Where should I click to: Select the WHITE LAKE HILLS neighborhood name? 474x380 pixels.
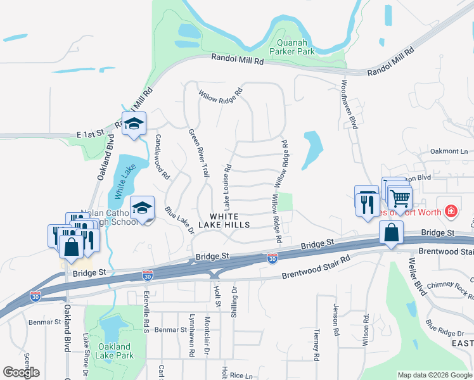[225, 220]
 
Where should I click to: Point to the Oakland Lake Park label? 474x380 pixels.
[115, 351]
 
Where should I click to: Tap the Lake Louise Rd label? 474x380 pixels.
[227, 187]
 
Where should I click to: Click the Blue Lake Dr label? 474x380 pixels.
[179, 220]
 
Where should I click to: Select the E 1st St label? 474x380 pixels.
[90, 135]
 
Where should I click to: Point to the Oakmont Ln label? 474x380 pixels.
[448, 151]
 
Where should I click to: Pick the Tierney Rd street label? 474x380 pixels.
[317, 344]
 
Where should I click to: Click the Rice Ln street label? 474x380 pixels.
[241, 375]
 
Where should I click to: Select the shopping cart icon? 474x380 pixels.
[400, 199]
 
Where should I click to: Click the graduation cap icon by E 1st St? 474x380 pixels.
[134, 124]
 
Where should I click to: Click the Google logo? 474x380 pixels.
[22, 372]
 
